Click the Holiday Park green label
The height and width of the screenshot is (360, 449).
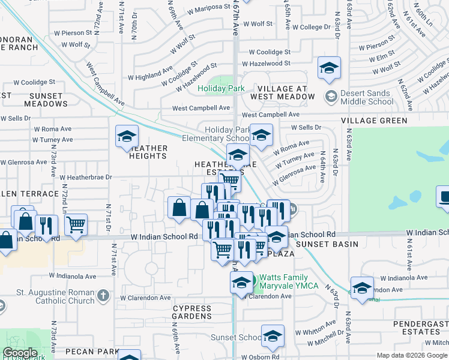tap(221, 88)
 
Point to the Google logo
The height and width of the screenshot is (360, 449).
tap(20, 353)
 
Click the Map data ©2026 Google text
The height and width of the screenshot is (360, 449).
tap(412, 355)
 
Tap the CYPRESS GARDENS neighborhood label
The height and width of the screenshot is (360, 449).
tap(192, 313)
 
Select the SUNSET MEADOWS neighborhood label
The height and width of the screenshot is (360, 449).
tap(38, 100)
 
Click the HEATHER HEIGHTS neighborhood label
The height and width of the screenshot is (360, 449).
tap(148, 152)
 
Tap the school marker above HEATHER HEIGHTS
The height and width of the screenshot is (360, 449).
tap(127, 137)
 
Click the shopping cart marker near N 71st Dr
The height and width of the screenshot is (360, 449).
tap(76, 226)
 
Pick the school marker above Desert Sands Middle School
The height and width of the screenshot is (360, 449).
tap(329, 69)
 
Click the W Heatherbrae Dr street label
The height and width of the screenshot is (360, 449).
tap(86, 178)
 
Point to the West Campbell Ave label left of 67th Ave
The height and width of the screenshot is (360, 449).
tap(201, 108)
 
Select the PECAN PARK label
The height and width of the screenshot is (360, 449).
tap(92, 349)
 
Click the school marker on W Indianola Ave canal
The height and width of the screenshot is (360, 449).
tap(362, 289)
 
